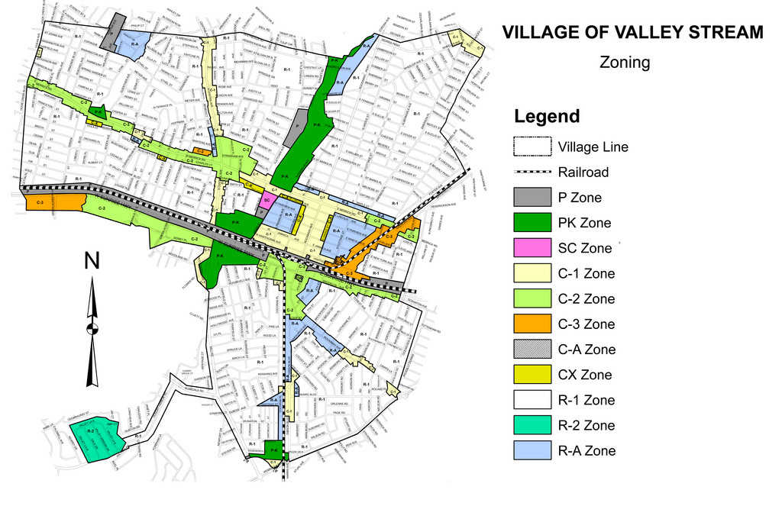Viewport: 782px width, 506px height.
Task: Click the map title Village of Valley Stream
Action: [x=631, y=32]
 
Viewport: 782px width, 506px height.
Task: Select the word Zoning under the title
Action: [x=625, y=63]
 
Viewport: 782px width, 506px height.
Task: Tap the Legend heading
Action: [x=547, y=117]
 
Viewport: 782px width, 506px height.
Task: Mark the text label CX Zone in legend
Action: [x=585, y=375]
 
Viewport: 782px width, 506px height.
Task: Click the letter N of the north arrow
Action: [x=92, y=261]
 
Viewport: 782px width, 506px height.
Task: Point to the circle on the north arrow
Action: [x=92, y=329]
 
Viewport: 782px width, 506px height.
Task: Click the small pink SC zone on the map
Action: [x=267, y=199]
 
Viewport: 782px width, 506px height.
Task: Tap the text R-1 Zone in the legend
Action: [x=586, y=400]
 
